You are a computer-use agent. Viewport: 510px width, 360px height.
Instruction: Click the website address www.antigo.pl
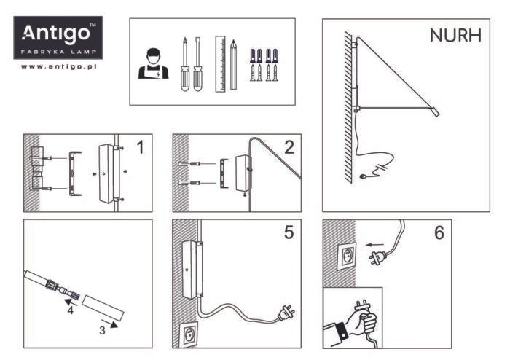[x=59, y=67]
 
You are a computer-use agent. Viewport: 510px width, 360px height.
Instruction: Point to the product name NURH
[x=455, y=36]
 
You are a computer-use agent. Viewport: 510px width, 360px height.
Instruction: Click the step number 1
[x=141, y=148]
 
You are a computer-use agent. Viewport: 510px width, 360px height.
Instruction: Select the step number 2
[x=289, y=148]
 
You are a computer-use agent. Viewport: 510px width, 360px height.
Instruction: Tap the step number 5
[x=289, y=233]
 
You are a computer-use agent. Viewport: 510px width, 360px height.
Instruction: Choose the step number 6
[x=439, y=233]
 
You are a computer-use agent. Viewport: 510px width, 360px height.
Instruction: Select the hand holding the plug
[x=357, y=321]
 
